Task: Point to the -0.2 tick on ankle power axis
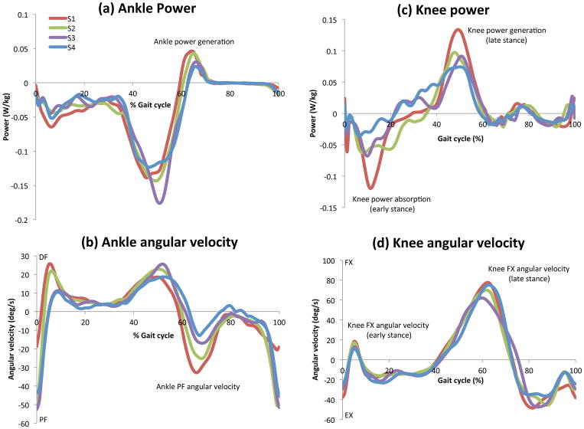(x=21, y=221)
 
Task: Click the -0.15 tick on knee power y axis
(x=325, y=208)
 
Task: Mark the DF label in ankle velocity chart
(x=44, y=258)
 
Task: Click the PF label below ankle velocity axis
(x=44, y=420)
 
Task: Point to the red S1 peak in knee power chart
(x=458, y=30)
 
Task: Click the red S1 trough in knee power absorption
(x=371, y=187)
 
